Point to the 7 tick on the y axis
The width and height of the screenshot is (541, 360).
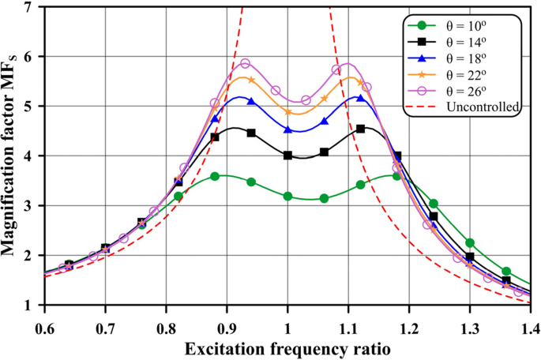31,7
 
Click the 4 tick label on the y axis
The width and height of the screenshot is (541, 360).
31,156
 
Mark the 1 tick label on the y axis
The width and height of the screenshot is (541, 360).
31,306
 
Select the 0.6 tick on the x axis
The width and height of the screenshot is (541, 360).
44,324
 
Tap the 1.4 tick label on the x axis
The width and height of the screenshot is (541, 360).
529,324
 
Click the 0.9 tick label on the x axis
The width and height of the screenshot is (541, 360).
227,324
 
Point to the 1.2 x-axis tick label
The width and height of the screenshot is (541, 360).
408,324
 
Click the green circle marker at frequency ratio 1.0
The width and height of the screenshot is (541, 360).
287,196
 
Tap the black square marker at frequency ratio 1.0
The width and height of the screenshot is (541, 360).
287,156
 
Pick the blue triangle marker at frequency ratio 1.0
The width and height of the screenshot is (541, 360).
287,129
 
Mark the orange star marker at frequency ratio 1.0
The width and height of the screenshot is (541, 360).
287,112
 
